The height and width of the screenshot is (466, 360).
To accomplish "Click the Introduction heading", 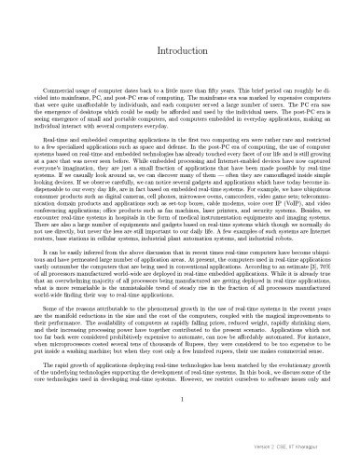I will (x=179, y=46).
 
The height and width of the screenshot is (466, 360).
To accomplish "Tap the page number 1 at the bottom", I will (x=179, y=426).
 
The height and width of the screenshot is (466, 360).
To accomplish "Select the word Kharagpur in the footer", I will (x=333, y=458).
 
